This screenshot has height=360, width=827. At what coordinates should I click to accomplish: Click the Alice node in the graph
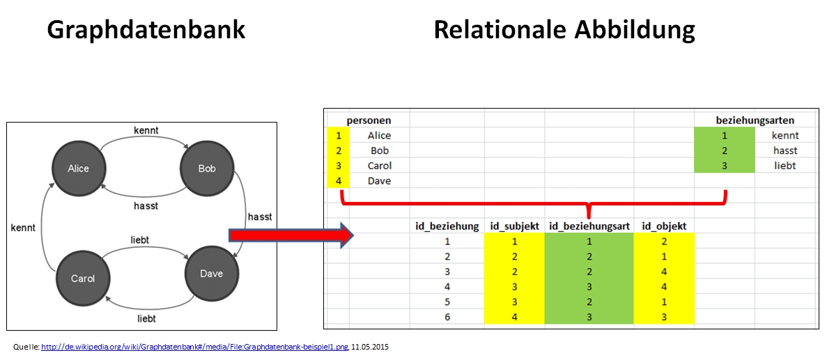pos(78,169)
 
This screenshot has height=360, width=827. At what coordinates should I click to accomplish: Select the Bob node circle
pos(206,169)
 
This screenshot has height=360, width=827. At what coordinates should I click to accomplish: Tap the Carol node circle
pos(82,279)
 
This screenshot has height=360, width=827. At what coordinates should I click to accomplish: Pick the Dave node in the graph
pos(211,274)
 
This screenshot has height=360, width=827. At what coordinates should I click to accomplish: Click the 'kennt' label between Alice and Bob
pos(146,131)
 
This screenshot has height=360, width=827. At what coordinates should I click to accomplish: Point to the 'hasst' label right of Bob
pos(260,217)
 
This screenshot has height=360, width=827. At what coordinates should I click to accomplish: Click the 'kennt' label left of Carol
pos(23,227)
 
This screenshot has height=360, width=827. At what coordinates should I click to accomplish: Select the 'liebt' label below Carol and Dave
pos(146,318)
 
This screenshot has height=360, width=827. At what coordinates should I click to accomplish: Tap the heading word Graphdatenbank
pos(146,30)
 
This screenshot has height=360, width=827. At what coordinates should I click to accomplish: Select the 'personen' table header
pos(369,120)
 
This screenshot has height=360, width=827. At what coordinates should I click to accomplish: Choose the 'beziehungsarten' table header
pos(755,120)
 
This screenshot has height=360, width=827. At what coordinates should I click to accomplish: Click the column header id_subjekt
pos(514,226)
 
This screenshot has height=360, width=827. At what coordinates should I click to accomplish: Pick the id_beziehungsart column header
pos(589,226)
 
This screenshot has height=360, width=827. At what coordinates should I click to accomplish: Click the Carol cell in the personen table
pos(380,166)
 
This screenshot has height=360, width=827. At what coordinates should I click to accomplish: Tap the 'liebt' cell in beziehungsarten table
pos(785,166)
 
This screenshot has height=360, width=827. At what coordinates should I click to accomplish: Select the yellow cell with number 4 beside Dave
pos(339,181)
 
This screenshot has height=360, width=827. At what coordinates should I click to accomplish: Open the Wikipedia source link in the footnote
pos(194,346)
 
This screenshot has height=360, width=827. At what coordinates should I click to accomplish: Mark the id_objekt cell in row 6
pos(663,318)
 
